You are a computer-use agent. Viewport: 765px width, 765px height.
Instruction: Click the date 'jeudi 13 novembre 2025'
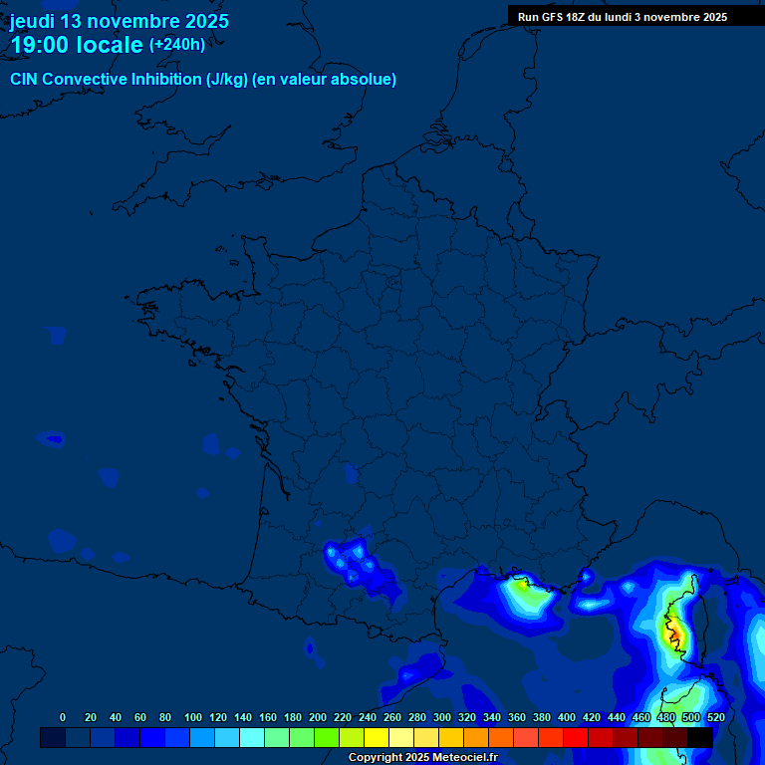(119, 21)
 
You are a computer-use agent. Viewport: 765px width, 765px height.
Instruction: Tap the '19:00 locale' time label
(77, 45)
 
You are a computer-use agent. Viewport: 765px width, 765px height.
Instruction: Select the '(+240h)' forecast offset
(177, 45)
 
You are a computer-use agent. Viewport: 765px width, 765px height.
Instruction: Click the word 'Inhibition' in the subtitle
(165, 80)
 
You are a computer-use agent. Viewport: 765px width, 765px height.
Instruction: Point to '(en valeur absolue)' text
(324, 80)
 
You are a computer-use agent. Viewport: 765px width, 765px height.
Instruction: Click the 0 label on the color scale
(63, 717)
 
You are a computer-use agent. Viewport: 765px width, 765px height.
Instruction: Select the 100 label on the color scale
(193, 717)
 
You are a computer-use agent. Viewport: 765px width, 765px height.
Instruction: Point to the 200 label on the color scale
(318, 717)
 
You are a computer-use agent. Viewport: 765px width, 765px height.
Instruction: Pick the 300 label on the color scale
(442, 717)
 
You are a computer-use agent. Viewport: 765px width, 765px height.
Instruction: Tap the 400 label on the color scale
(567, 717)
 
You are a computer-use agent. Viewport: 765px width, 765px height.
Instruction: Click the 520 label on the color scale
(715, 717)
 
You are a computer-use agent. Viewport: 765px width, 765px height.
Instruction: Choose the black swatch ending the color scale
(699, 737)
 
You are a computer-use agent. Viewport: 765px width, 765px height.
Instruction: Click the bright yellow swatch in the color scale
(376, 737)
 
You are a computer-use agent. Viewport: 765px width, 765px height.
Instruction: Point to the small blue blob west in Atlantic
(52, 438)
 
